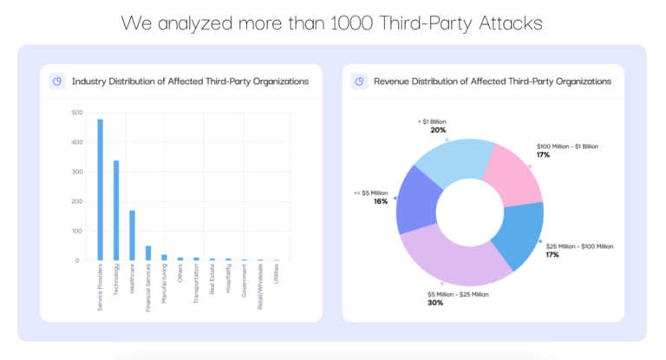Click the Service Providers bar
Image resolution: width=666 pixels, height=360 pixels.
coord(100,190)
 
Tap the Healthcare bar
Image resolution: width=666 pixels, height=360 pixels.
coord(132,235)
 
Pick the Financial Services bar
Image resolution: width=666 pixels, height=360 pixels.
coord(148,252)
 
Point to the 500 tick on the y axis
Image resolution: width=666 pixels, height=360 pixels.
coord(77,113)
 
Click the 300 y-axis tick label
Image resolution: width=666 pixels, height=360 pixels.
coord(77,172)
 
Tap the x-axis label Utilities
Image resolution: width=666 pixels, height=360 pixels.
coord(277,279)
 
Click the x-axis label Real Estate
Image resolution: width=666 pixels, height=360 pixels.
coord(212,283)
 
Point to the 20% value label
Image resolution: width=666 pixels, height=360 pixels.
coord(438,130)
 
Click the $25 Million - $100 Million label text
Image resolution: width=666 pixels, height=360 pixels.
coord(580,246)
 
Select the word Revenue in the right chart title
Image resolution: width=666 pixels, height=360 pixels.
coord(395,82)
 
